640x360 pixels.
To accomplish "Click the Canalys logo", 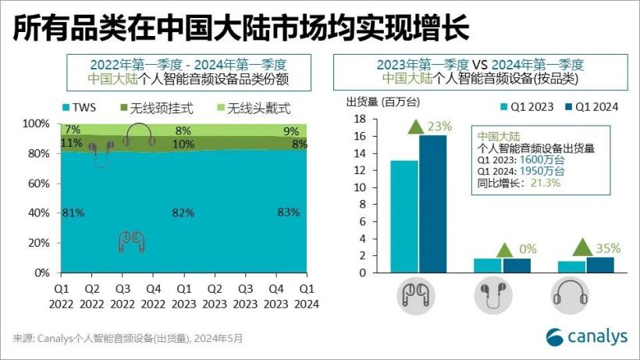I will [586, 337].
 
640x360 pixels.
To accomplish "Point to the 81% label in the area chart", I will [73, 213].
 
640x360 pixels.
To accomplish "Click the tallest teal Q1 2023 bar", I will [404, 217].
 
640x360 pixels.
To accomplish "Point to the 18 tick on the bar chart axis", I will [361, 119].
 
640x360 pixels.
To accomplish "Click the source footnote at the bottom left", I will [128, 339].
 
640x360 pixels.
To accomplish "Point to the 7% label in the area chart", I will [73, 130].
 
